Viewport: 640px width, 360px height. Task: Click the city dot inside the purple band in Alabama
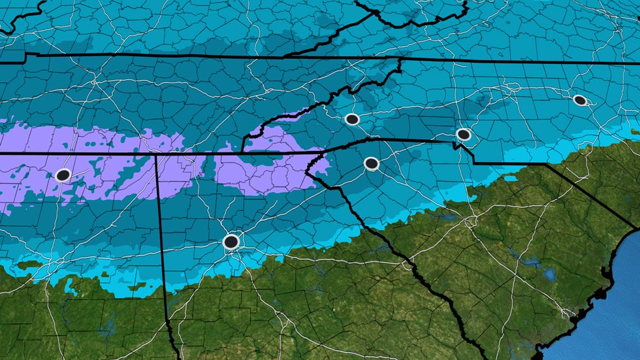pos(63,175)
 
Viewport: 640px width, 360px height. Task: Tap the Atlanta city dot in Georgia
pos(231,242)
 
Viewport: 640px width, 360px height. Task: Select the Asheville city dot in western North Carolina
pos(352,119)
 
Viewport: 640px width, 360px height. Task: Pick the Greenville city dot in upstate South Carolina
pos(371,163)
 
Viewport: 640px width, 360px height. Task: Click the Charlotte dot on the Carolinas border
pos(464,135)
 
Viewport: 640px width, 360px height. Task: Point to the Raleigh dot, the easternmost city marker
pos(579,100)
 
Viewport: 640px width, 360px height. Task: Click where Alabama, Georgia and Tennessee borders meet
pos(156,155)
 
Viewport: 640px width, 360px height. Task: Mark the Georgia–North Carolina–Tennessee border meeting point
pos(242,152)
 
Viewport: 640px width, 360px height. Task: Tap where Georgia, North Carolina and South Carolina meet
pos(325,152)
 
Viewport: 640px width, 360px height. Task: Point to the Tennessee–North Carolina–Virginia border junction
pos(400,58)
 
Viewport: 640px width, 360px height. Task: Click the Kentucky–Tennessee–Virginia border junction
pos(287,56)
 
